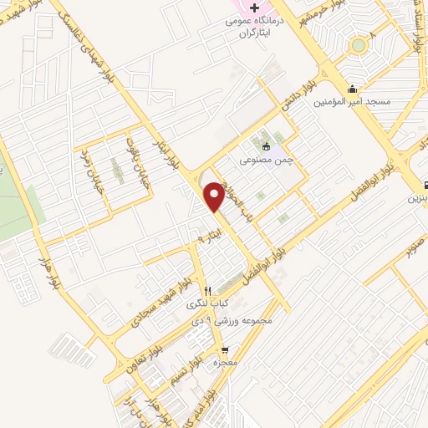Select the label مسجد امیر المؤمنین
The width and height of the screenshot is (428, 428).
coord(352,102)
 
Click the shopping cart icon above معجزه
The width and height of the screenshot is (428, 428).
coord(223,350)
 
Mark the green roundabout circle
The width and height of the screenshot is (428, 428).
coord(359,44)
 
